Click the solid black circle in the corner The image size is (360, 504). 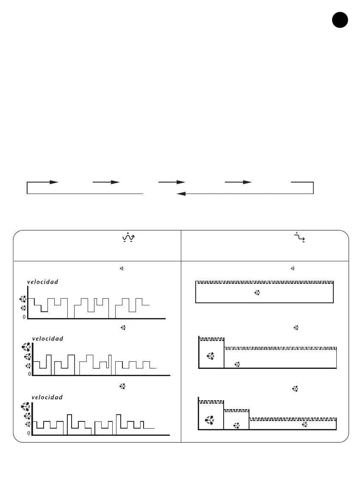[x=340, y=20]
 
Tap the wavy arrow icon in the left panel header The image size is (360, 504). [x=128, y=238]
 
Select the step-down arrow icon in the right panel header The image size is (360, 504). [x=300, y=238]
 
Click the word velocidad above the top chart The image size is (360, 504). [x=43, y=282]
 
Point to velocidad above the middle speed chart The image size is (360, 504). [x=47, y=338]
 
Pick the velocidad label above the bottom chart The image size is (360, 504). [x=47, y=397]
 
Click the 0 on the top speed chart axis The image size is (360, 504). [x=24, y=317]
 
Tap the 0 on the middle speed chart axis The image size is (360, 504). [x=29, y=374]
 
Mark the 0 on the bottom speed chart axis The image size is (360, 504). [x=29, y=433]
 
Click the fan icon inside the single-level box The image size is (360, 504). [x=257, y=293]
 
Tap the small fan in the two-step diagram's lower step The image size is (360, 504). [x=237, y=364]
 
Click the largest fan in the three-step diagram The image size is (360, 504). [x=210, y=420]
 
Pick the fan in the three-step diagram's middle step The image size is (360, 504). [x=236, y=425]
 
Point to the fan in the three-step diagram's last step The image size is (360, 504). [x=304, y=425]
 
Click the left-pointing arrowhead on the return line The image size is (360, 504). [x=182, y=194]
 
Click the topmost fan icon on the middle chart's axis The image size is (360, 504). [x=27, y=347]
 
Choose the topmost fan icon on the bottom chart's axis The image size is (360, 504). [x=27, y=406]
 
